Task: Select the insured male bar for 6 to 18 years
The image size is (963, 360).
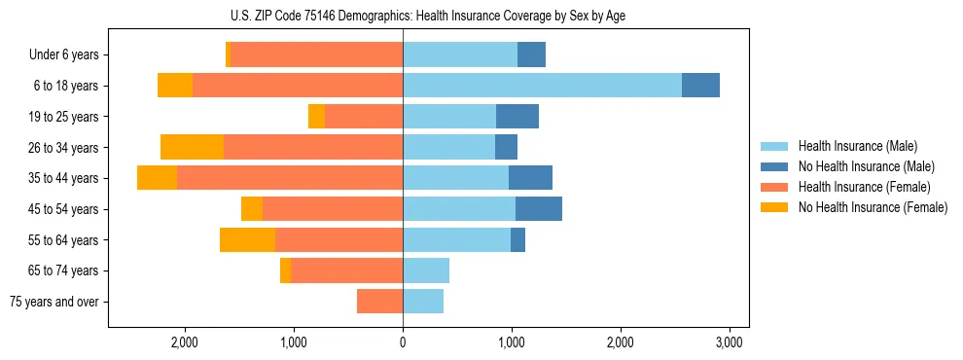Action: click(542, 86)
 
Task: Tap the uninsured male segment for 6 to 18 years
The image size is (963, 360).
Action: click(700, 86)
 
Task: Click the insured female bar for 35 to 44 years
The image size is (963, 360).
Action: click(289, 178)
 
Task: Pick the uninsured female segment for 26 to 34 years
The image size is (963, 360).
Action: click(192, 147)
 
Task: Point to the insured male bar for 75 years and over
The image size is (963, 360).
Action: click(423, 302)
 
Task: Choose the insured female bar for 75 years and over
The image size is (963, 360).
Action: click(379, 302)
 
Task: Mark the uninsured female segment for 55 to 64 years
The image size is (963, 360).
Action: click(247, 239)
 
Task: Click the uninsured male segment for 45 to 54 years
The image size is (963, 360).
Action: click(539, 208)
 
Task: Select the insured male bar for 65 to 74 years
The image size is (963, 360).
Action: click(426, 270)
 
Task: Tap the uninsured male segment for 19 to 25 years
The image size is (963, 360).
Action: click(517, 117)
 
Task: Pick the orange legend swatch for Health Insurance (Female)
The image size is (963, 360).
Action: click(774, 187)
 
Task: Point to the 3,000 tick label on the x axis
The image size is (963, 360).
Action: click(730, 342)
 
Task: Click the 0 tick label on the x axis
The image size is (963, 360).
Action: click(403, 342)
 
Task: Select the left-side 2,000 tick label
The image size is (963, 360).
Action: click(184, 342)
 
